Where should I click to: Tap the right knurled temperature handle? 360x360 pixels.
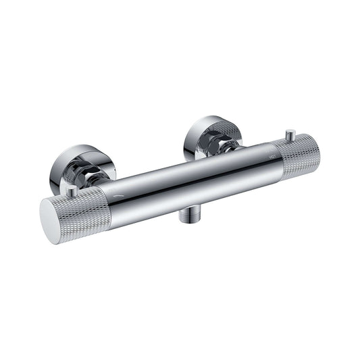coord(298,157)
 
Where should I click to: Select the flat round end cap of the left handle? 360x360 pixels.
coord(52,220)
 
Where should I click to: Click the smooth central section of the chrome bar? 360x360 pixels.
coord(182,179)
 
